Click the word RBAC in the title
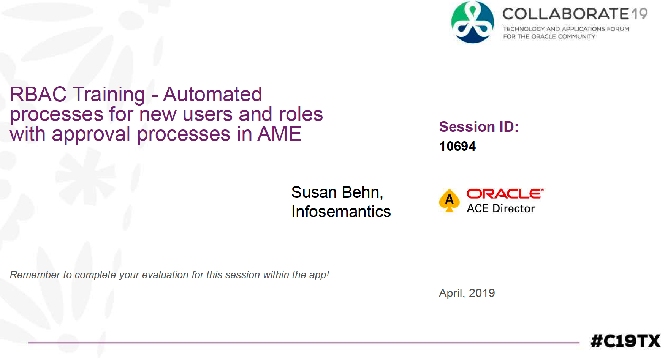[38, 95]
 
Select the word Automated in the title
[213, 95]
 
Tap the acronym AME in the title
[279, 134]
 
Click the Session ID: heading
[479, 127]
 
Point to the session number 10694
[457, 146]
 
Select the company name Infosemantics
[341, 212]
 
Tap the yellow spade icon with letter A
[450, 200]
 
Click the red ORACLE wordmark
[505, 194]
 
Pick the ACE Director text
[501, 208]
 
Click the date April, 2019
[467, 293]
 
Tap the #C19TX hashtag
[625, 341]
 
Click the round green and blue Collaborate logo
[473, 22]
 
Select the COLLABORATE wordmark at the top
[566, 14]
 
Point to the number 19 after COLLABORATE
[640, 14]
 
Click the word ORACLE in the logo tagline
[543, 36]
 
